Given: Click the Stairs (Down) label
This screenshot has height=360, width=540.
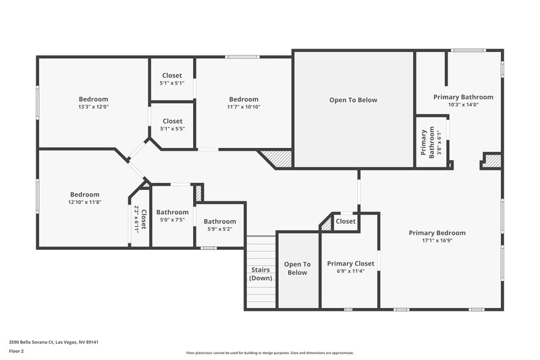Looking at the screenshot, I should (x=260, y=274).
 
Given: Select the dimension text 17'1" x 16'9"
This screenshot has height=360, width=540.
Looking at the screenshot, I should (x=437, y=240).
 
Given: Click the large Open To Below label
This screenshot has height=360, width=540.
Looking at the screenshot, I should (x=353, y=100).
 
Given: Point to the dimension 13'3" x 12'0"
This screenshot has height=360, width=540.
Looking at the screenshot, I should (x=93, y=107).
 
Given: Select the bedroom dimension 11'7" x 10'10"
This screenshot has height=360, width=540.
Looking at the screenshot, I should (x=243, y=107).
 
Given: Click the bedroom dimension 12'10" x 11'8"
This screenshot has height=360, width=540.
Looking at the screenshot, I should (x=84, y=202).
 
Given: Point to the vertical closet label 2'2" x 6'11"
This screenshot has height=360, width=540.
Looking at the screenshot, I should (x=140, y=219).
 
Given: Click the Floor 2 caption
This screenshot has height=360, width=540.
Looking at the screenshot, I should (x=16, y=351).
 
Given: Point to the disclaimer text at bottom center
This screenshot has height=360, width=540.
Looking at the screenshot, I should (x=269, y=353).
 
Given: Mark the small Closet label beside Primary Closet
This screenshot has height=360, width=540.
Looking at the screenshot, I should (x=346, y=221).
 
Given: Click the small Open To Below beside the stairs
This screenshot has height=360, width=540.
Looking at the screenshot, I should (x=297, y=268).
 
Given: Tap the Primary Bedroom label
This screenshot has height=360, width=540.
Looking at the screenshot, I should (x=437, y=233).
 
